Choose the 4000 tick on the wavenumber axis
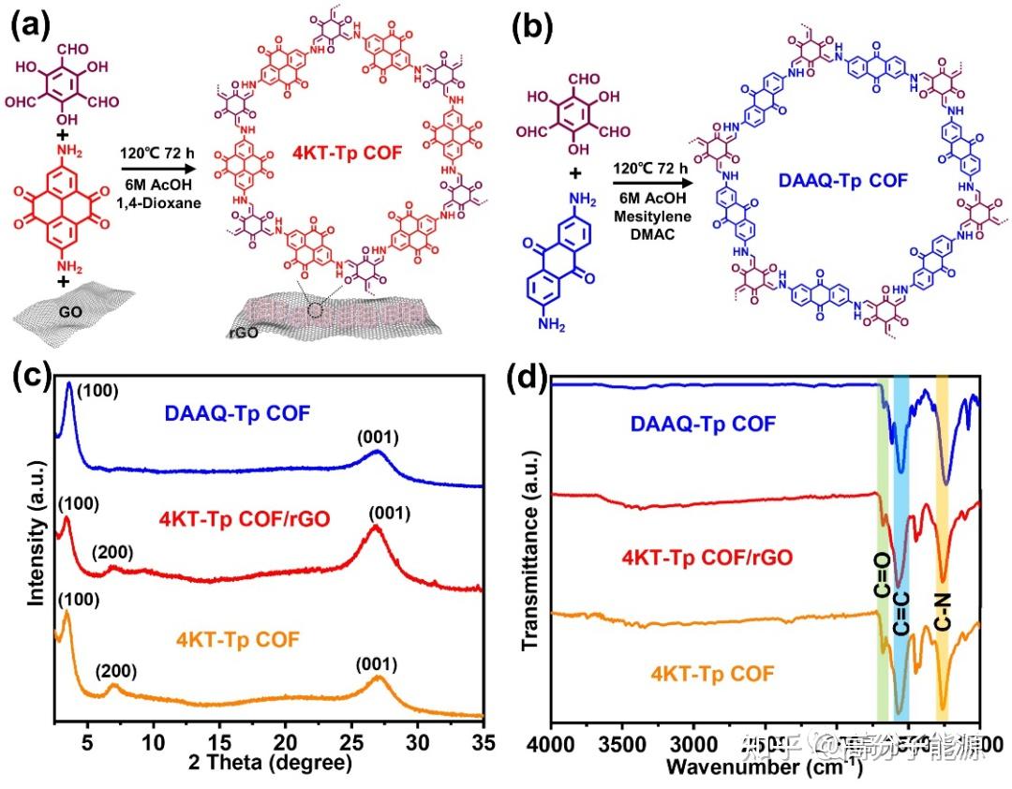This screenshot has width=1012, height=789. pyautogui.click(x=551, y=744)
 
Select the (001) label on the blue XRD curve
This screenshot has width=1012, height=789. pyautogui.click(x=379, y=436)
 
